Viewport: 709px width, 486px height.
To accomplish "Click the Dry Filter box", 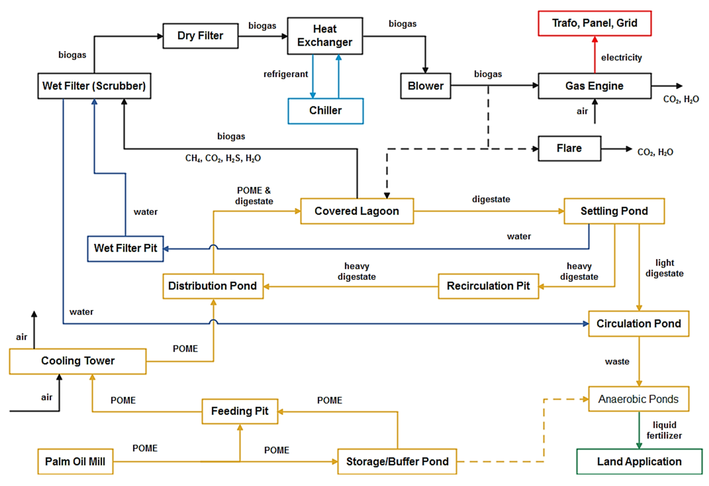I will coord(200,36).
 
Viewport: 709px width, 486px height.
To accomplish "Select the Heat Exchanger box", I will coord(325,36).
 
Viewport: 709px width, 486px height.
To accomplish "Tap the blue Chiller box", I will coord(325,111).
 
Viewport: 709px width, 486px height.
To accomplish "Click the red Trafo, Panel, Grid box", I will coord(595,23).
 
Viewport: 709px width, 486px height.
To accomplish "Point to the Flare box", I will coord(569,148).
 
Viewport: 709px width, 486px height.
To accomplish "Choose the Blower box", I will coord(426,86).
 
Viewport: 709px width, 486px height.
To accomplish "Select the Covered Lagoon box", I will coord(357,211).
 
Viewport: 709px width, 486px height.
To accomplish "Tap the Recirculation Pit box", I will coord(488,286).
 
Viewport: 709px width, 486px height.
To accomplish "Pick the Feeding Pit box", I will coord(240,411).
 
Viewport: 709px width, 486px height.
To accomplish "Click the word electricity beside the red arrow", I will coord(621,57).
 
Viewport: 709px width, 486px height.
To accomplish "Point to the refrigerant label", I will coord(286,74).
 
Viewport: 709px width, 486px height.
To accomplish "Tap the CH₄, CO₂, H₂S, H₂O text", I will coord(223,158).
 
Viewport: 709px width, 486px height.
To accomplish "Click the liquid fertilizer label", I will coord(664,430).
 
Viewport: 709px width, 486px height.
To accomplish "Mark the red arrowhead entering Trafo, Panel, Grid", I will coord(595,39).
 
